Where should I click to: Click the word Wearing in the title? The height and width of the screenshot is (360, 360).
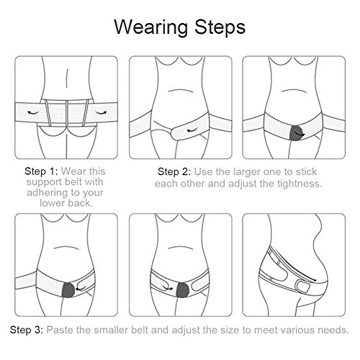pos(150,28)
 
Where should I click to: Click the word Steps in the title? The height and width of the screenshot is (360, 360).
pos(220,27)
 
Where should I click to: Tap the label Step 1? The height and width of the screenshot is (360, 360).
pos(41,171)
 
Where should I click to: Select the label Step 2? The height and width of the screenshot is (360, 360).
pos(174,172)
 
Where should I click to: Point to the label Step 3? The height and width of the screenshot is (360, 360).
pos(27,330)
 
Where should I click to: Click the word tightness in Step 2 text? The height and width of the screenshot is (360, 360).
pos(297,184)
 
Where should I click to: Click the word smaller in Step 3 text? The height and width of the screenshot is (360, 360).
pos(112,330)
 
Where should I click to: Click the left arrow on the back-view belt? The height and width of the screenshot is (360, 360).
pos(32,112)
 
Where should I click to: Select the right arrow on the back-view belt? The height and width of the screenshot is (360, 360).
pos(101,112)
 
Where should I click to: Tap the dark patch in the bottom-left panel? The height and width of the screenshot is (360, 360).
pos(68,290)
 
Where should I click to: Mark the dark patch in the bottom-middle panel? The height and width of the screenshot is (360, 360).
pos(182,290)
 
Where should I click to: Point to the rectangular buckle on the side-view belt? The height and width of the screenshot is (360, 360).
pos(303,286)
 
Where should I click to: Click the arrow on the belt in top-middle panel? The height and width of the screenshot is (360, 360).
pos(193,130)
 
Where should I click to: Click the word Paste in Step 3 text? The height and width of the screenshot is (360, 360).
pos(60,330)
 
